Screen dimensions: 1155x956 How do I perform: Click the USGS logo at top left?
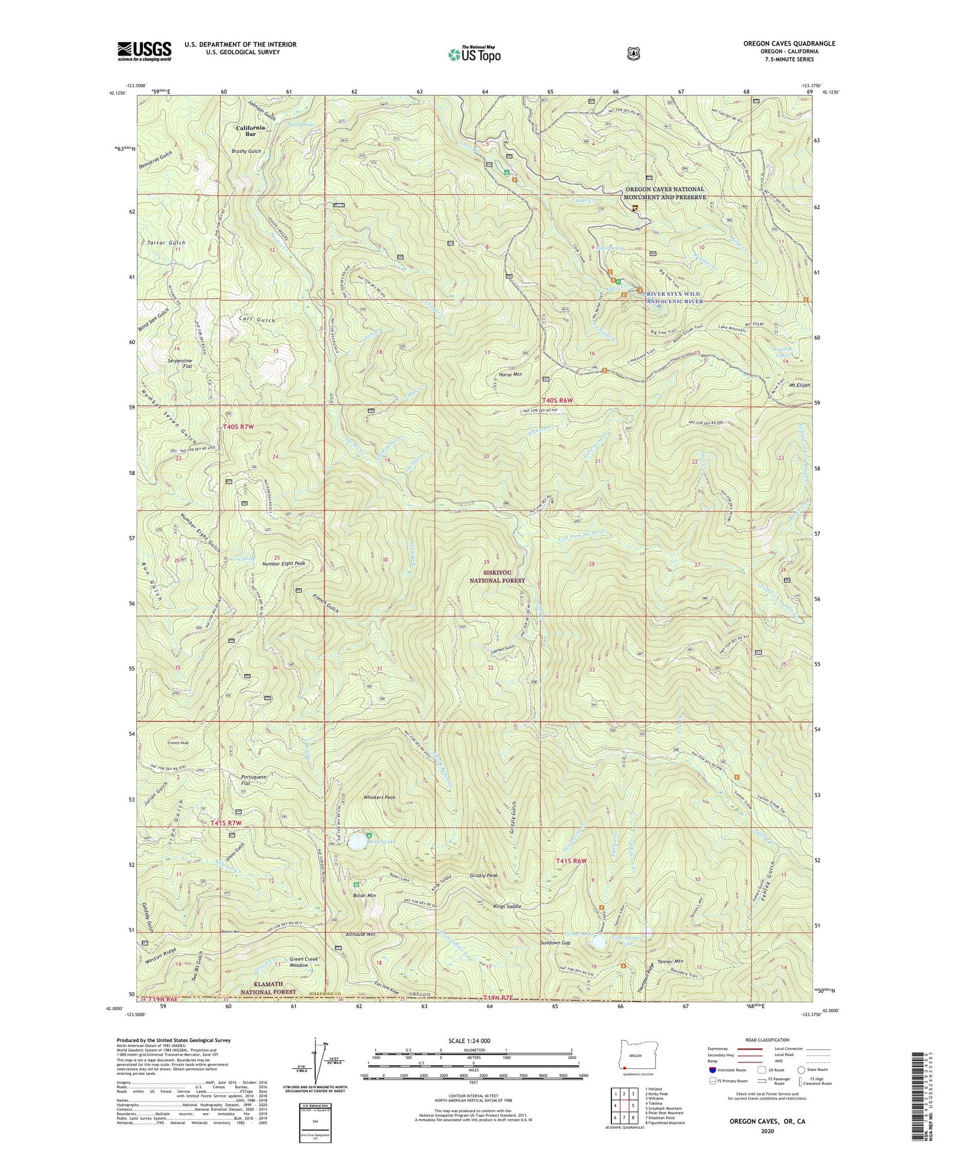click(x=144, y=51)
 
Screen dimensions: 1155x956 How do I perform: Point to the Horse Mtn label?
click(x=509, y=374)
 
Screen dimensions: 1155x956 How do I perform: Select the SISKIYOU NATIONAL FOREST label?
click(x=497, y=576)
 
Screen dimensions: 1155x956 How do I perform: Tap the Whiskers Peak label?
click(x=379, y=798)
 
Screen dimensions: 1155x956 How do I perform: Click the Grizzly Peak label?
click(x=483, y=875)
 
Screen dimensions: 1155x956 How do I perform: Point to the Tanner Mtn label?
click(x=670, y=961)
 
